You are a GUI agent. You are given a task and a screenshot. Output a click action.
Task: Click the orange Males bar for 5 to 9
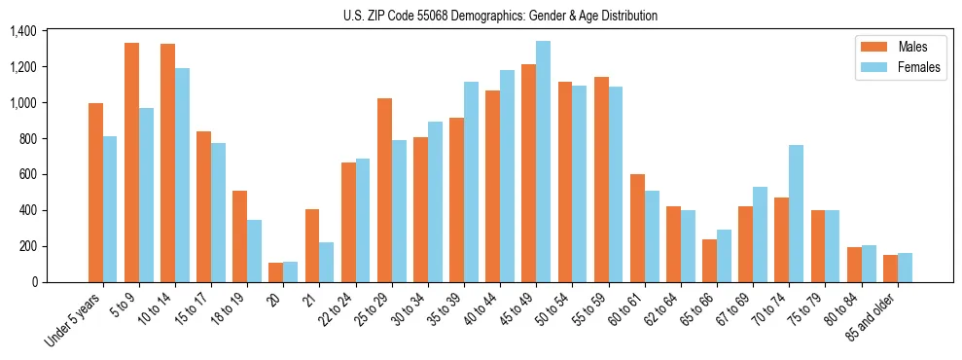(x=131, y=162)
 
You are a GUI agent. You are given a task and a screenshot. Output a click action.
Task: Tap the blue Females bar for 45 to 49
(x=543, y=162)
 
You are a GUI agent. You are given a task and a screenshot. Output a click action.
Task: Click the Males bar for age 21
(x=312, y=245)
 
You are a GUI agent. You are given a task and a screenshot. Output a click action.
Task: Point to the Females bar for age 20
(x=290, y=271)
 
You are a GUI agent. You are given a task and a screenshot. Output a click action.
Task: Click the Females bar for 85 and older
(x=905, y=268)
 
